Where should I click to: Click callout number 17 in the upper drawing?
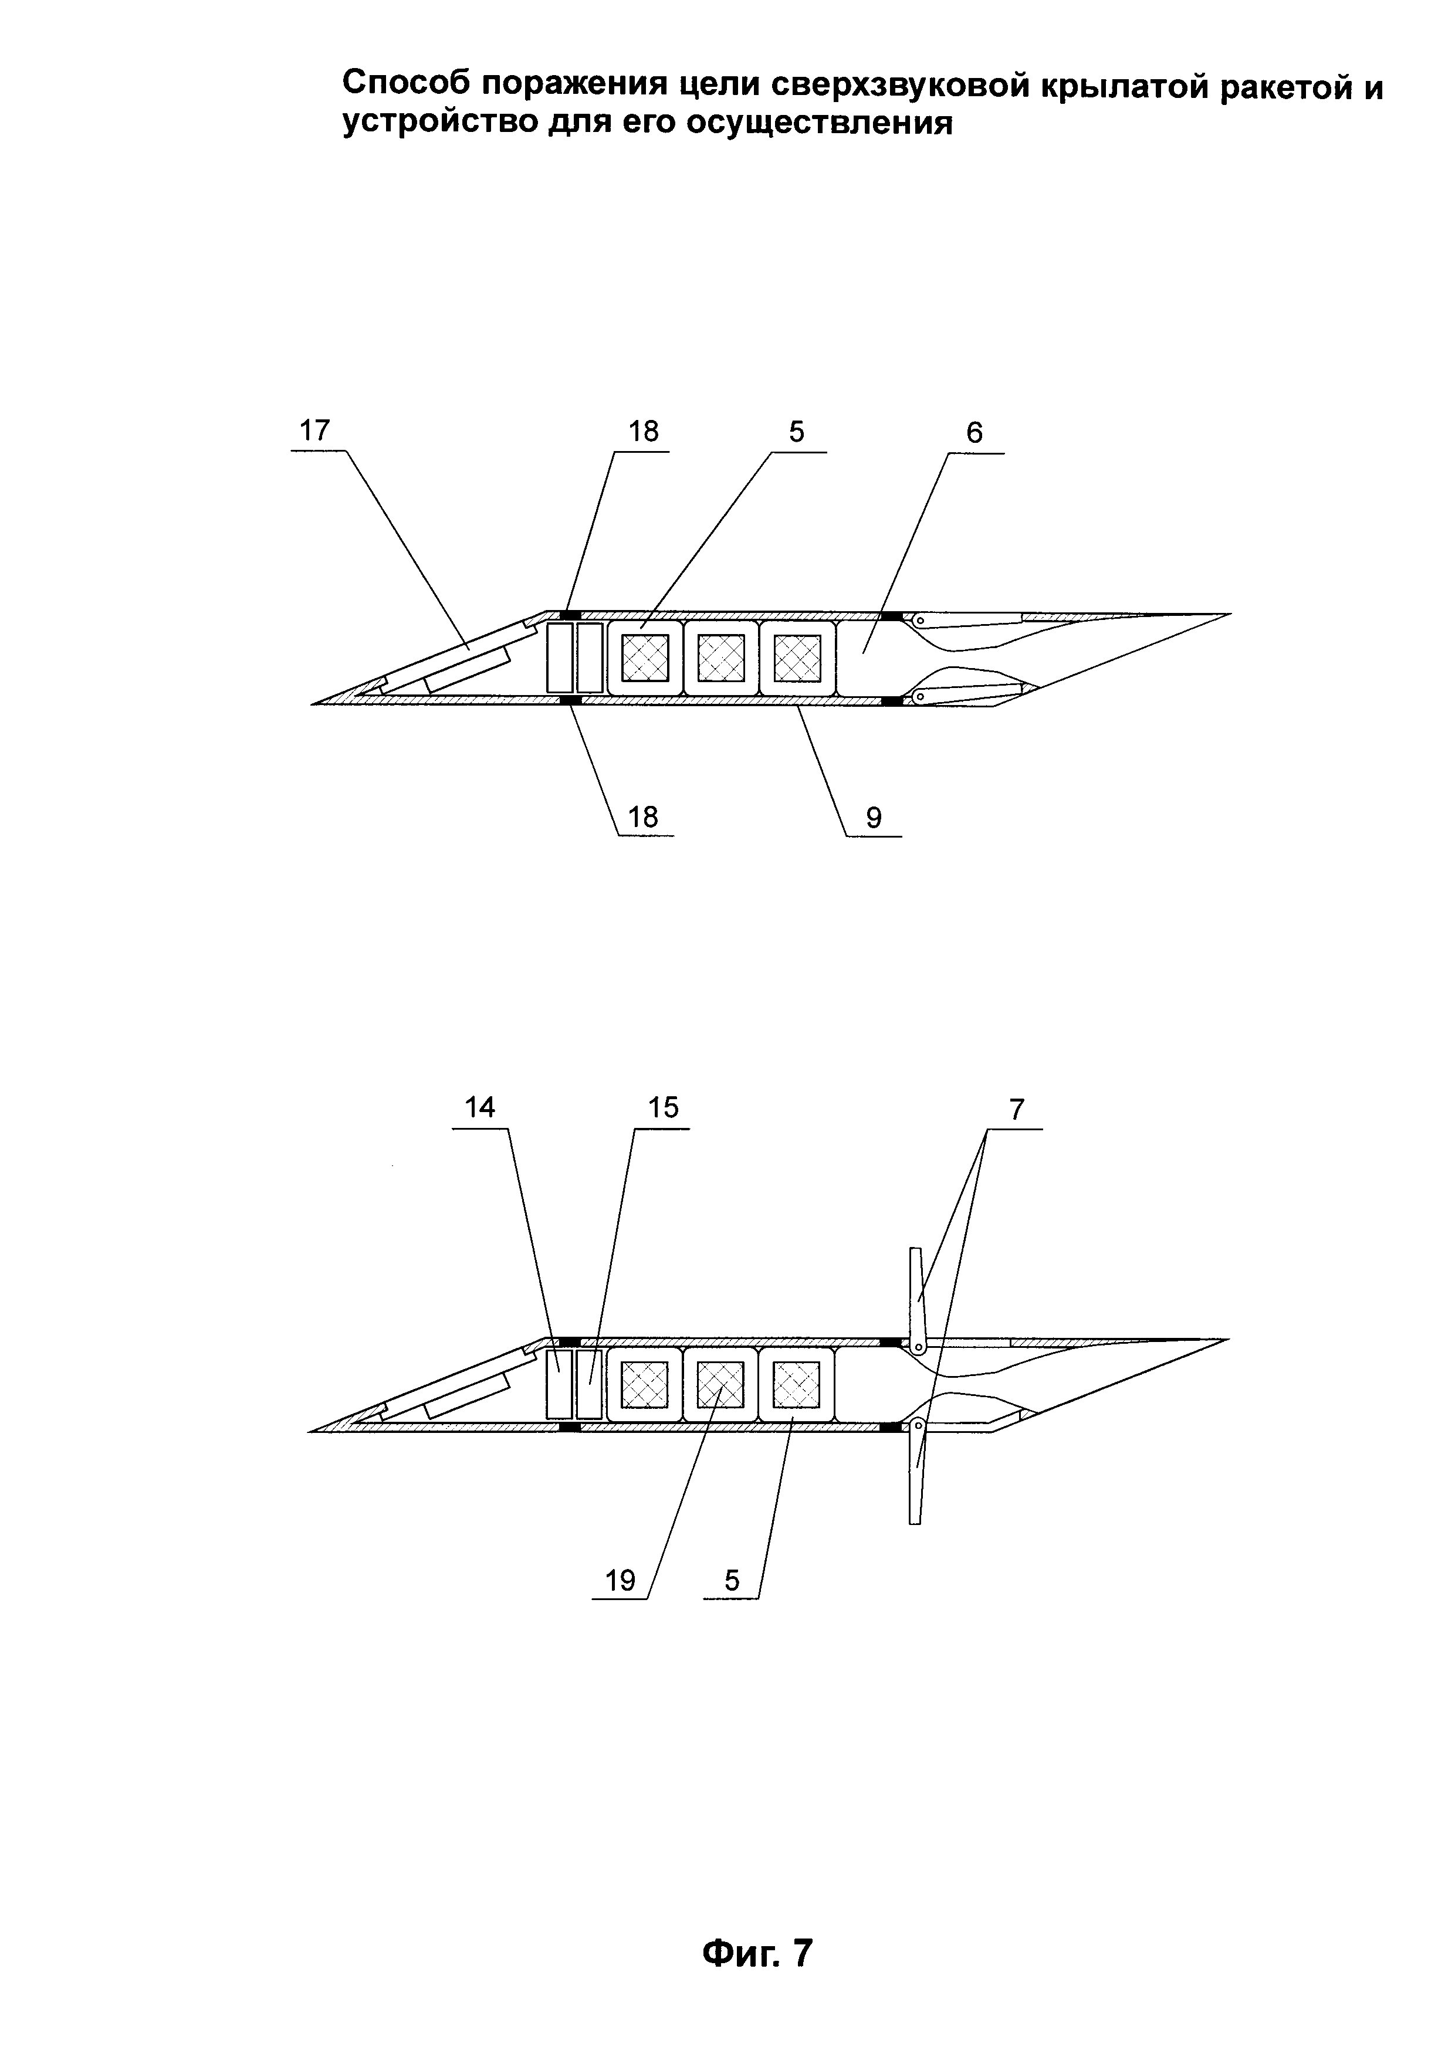[x=314, y=431]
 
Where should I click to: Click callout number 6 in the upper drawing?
[x=974, y=433]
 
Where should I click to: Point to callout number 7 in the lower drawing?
[x=1016, y=1110]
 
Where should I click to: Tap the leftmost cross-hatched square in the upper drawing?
[x=645, y=657]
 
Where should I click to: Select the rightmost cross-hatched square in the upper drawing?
[x=797, y=657]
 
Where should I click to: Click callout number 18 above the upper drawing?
[x=643, y=432]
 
